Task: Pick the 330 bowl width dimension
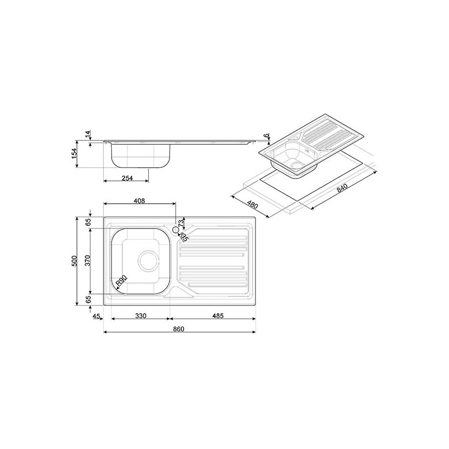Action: [140, 316]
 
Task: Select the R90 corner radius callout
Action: [121, 281]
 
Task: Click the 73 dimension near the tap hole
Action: [181, 224]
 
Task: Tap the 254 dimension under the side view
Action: [127, 178]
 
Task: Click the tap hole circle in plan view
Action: [175, 230]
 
